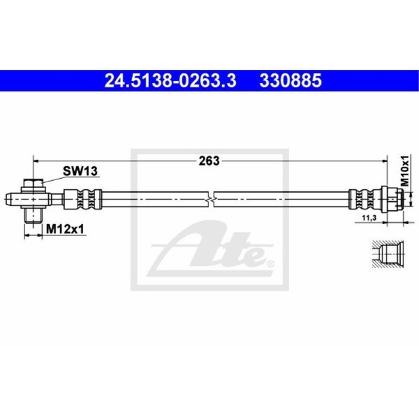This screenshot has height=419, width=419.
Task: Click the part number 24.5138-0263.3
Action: [170, 81]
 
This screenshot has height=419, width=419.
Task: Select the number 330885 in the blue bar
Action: [291, 81]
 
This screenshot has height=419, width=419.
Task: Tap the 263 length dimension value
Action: [209, 161]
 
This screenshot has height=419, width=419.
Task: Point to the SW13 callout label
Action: [80, 171]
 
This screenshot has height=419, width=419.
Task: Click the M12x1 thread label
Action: [65, 229]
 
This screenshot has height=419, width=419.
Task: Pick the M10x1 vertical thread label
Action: [405, 170]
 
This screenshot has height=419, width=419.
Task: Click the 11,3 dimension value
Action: [369, 218]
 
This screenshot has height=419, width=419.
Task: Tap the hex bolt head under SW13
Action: [34, 184]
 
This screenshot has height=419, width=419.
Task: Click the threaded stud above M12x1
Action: [33, 215]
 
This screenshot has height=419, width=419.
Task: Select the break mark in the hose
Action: [211, 199]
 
